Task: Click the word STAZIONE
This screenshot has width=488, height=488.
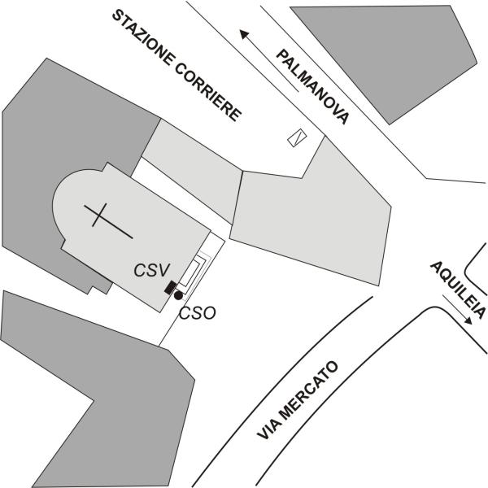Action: click(x=143, y=38)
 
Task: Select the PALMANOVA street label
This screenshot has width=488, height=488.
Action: click(x=312, y=87)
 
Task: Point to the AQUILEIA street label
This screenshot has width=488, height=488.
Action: click(x=458, y=290)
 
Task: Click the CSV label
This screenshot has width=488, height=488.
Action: click(x=152, y=270)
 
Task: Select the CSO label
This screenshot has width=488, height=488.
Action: click(x=198, y=313)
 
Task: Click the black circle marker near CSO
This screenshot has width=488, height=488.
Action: click(x=178, y=296)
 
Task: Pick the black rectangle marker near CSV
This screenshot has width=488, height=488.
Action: click(x=171, y=287)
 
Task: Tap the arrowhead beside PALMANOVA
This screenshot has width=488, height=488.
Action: click(x=245, y=34)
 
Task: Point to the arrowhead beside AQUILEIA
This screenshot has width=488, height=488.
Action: click(x=468, y=320)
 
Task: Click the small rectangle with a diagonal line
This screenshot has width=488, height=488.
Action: click(x=297, y=137)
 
